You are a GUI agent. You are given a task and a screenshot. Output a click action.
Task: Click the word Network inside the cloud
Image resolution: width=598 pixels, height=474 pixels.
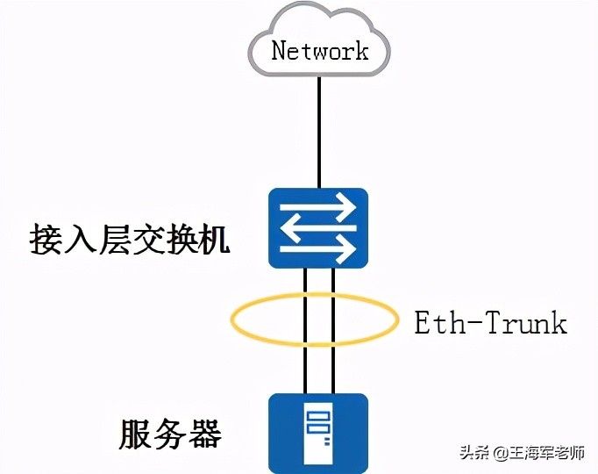[319, 50]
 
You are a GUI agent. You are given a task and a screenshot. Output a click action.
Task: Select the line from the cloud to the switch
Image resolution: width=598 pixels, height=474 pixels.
[319, 132]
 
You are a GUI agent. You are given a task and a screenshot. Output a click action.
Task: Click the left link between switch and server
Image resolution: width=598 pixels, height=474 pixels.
[303, 351]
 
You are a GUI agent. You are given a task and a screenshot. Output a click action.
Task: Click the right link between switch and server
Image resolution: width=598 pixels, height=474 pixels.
[334, 351]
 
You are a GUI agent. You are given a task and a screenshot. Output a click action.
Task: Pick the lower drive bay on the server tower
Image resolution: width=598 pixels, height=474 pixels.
[318, 429]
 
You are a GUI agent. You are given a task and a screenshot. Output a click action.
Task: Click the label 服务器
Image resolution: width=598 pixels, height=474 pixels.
[170, 434]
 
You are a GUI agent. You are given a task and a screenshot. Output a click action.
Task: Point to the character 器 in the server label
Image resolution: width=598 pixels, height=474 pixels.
[205, 434]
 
